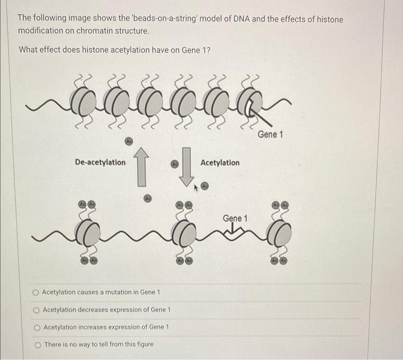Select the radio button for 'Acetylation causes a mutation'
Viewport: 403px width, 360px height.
pos(36,292)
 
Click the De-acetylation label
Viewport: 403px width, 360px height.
pos(100,162)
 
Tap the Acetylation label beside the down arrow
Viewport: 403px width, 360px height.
pos(220,162)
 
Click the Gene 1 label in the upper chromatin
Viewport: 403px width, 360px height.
pos(271,134)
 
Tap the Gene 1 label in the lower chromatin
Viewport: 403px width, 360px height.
pos(235,218)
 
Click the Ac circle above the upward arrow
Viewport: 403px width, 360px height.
pos(129,141)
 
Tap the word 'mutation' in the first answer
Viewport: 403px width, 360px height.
pos(130,292)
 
